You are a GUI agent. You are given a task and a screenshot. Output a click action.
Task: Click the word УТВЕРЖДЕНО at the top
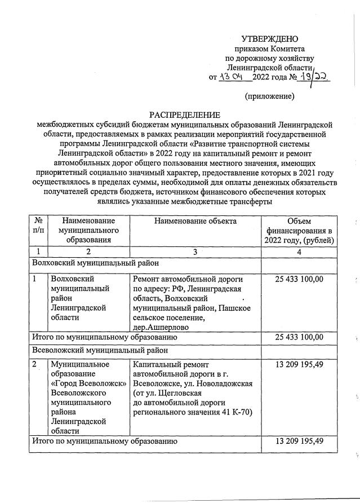(269, 39)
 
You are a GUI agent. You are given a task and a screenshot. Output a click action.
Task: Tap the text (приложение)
(269, 96)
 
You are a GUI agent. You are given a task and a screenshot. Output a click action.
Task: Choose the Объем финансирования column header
(299, 231)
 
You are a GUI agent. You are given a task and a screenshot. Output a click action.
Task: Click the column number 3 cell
(195, 251)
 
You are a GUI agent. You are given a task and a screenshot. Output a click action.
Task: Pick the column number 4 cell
(299, 251)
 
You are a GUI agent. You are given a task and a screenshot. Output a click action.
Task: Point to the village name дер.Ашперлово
(161, 327)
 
